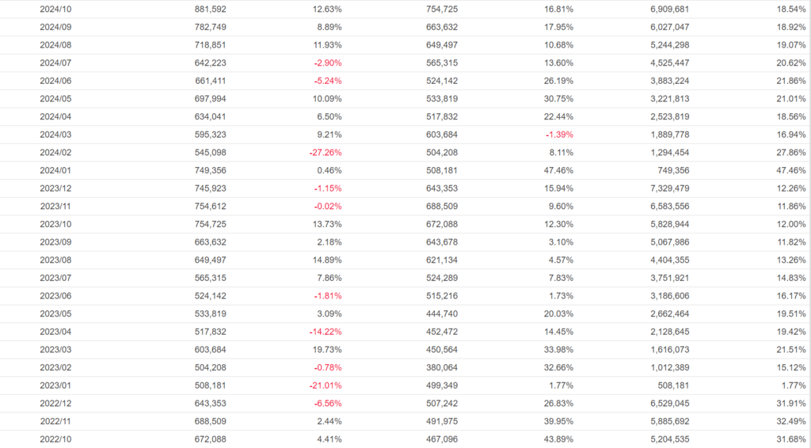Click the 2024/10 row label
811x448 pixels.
tap(55, 9)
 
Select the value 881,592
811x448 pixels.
tap(210, 9)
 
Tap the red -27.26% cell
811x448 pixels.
tap(325, 152)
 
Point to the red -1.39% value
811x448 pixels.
tap(559, 135)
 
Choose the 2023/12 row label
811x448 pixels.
tap(55, 188)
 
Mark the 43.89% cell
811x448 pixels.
tap(559, 439)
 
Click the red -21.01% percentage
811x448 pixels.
tap(325, 385)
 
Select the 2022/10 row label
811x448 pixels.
tap(55, 439)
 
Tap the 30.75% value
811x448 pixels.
tap(559, 98)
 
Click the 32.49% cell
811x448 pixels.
tap(791, 421)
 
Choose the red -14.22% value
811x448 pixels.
tap(325, 332)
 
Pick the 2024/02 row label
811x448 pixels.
tap(55, 152)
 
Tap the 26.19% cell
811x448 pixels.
tap(559, 81)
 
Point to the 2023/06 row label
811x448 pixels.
tap(55, 296)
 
